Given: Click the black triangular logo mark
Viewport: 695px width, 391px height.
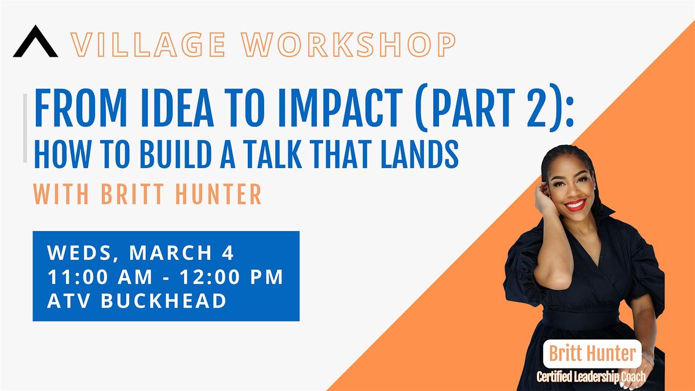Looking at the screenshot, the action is [35, 41].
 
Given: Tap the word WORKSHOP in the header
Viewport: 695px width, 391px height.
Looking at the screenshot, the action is [349, 45].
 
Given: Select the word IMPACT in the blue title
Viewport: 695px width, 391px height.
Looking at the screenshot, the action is [340, 108].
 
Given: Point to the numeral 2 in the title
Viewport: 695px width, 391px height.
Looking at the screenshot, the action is [536, 108].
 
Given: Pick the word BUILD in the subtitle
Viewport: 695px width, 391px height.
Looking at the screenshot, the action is [175, 154].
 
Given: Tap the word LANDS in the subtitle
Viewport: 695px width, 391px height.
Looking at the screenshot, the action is [419, 154].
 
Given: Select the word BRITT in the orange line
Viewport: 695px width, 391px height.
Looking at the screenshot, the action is [133, 194].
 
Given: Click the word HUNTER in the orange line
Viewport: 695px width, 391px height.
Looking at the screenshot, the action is [218, 194].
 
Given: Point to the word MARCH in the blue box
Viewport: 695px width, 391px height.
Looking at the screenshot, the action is [171, 253].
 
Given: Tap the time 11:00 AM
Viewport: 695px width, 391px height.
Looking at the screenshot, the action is [100, 277].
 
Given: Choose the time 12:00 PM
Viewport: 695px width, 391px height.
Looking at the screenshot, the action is [231, 277].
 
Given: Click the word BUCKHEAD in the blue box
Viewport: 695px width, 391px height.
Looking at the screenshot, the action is [163, 301].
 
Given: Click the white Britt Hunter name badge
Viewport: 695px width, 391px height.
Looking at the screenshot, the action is [592, 354].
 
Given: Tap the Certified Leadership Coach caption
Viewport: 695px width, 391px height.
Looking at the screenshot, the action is [591, 377].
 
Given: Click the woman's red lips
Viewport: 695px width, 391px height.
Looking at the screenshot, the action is [575, 205].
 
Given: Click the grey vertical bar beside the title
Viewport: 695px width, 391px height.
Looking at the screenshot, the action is [25, 128].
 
